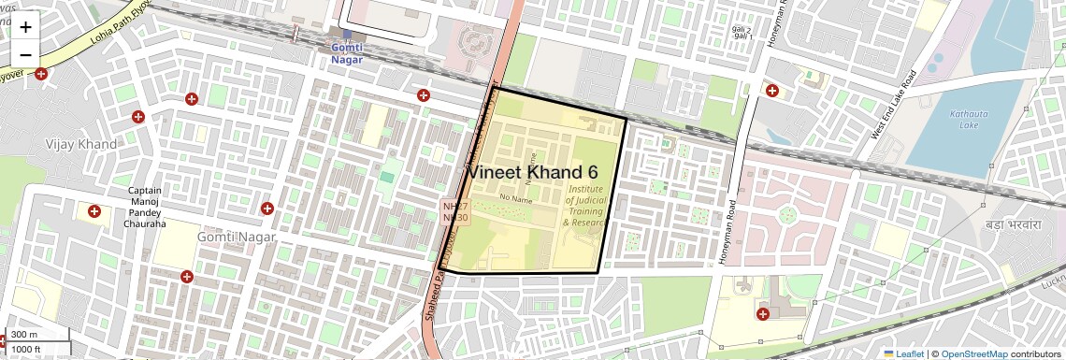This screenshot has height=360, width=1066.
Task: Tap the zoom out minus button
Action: pos(25,55)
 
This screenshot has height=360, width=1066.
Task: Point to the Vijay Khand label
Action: pos(81,144)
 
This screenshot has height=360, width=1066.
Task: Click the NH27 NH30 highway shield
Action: pos(455,211)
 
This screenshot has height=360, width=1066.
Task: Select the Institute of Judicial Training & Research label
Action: pos(586,206)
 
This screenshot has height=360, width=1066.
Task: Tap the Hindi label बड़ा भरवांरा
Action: pos(1013,225)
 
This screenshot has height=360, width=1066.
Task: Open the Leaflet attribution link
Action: pos(903,353)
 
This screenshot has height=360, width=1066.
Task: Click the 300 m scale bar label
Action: pos(25,335)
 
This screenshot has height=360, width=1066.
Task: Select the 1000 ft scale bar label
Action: pos(26,349)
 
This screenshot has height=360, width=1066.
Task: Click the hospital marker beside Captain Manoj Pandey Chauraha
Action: pos(94,212)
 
